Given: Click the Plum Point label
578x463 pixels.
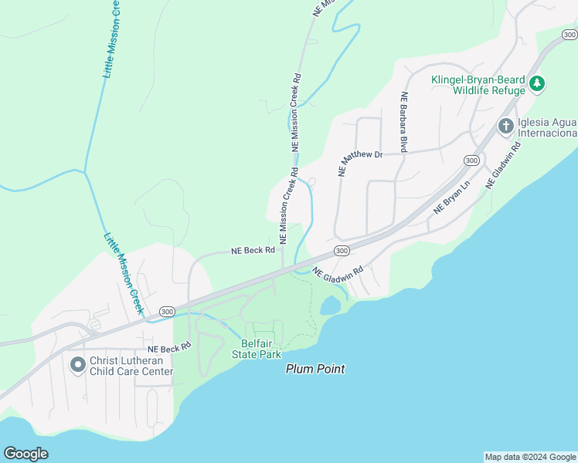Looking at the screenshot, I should click(x=315, y=369).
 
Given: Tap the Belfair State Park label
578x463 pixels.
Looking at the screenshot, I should click(x=257, y=349).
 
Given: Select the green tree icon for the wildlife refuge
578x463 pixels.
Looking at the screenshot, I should click(x=539, y=83).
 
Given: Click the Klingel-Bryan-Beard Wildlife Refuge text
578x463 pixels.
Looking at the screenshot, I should click(x=478, y=85).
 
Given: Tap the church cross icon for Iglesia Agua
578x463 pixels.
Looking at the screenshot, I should click(x=506, y=125).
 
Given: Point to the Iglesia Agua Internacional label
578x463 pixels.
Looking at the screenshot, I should click(x=548, y=126).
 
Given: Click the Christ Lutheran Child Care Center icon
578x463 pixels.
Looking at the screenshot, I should click(x=77, y=363).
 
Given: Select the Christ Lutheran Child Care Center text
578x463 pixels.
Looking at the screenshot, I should click(x=131, y=366).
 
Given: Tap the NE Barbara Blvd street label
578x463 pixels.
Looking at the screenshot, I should click(x=403, y=122).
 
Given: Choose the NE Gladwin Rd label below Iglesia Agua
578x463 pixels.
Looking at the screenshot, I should click(x=503, y=165).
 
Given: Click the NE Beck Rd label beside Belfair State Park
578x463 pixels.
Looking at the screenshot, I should click(x=165, y=349).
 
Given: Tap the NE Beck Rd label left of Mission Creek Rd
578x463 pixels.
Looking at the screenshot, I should click(x=253, y=251).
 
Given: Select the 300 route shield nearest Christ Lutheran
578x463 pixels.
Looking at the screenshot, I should click(x=166, y=311).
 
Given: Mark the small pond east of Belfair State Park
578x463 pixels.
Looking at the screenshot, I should click(x=329, y=306).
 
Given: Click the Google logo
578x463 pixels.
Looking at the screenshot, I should click(x=25, y=453).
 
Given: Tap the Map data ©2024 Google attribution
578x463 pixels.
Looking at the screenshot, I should click(x=530, y=457).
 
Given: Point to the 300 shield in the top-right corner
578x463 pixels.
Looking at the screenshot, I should click(x=569, y=35).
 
